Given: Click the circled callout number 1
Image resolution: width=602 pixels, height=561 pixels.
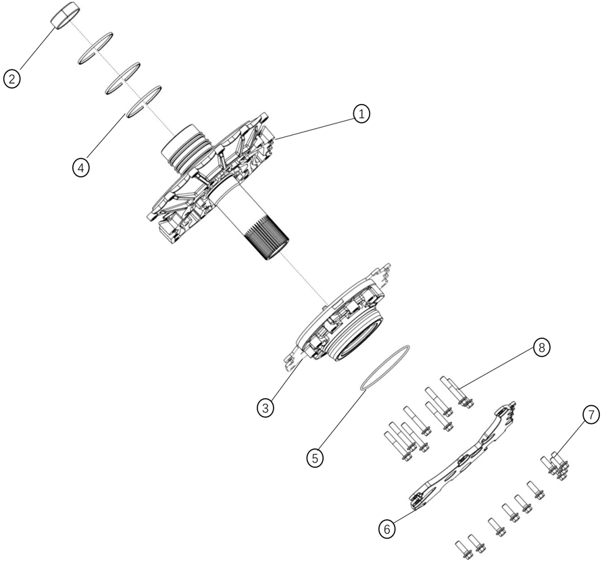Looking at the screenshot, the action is [361, 114].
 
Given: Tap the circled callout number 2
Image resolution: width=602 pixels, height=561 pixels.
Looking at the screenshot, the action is [11, 79].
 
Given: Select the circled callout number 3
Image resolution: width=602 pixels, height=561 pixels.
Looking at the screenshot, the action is [266, 408].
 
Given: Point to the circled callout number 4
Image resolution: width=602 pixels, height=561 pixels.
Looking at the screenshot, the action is [81, 167].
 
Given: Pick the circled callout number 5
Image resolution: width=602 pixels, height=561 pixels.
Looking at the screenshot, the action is [315, 458].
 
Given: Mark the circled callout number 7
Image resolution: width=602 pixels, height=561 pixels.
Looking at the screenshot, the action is [591, 415].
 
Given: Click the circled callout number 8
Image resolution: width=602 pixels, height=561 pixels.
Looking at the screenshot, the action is [541, 348].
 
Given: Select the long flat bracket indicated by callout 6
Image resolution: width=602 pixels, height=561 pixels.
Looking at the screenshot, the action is [463, 456].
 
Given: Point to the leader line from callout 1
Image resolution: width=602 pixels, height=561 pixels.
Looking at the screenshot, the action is [315, 128].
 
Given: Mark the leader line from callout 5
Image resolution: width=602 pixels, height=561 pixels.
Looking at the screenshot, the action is [341, 419].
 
